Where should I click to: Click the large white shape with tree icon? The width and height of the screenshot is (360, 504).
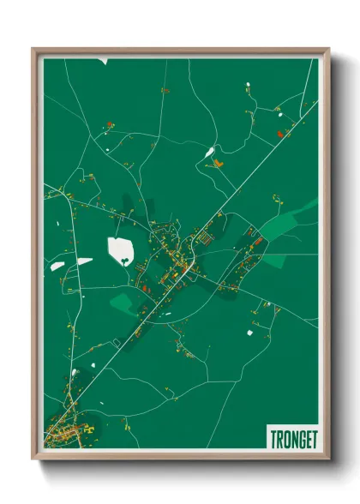click(x=121, y=250)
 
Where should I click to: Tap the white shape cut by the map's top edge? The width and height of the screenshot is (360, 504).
click(x=102, y=61)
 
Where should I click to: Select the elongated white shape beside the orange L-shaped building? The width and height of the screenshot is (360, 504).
click(x=210, y=153)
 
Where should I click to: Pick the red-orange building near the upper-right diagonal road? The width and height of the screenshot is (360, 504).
click(x=280, y=133)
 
